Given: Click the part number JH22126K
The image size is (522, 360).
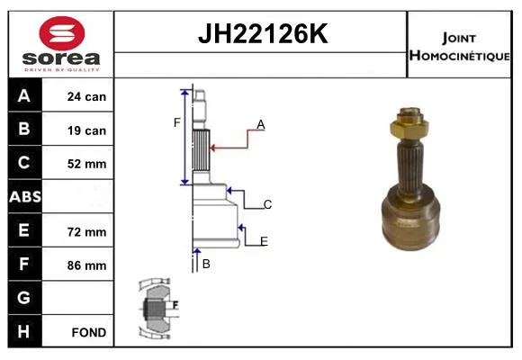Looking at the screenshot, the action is [263, 33].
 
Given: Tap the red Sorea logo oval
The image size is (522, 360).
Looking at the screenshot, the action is [62, 33].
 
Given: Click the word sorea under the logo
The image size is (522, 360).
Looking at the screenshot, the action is [61, 58].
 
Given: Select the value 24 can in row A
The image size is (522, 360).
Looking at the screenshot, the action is [86, 96].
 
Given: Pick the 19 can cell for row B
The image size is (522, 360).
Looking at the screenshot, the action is [86, 130].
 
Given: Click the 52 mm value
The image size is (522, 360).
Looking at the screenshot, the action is [86, 164].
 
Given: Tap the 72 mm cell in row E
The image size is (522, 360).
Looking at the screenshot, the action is [86, 232].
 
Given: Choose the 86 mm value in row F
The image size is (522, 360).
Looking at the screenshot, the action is [86, 265].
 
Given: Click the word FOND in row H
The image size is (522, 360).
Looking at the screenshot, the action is [89, 332].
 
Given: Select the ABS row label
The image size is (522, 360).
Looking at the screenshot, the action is [25, 196].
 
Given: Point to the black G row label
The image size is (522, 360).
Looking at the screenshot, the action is [24, 297].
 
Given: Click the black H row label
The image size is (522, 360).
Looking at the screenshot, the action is [24, 331].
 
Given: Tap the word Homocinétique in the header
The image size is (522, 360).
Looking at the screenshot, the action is [459, 55].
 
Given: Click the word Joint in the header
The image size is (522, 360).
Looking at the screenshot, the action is [459, 38].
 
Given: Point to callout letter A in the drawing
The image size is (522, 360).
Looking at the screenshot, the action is [261, 124].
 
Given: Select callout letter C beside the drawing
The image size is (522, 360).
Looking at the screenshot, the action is [267, 204].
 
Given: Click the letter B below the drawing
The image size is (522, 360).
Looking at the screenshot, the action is [206, 264].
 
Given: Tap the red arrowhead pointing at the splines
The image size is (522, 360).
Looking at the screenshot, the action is [212, 148].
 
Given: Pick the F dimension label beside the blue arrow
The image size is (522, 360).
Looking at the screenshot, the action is [176, 123].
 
